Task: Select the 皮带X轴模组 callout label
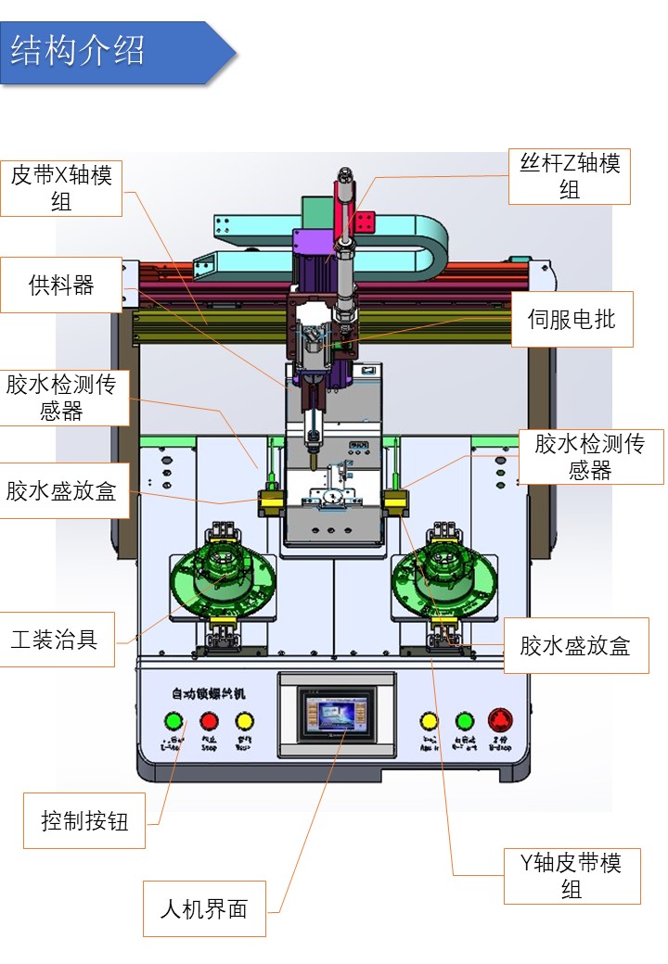point(61,188)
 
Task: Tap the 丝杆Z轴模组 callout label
point(570,176)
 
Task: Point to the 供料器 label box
point(61,285)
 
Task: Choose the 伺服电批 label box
point(572,320)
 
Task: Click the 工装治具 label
point(56,639)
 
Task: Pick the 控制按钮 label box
point(84,820)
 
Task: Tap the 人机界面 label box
point(204,908)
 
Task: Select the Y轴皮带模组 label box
point(572,876)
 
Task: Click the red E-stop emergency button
point(500,720)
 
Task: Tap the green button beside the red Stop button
point(173,721)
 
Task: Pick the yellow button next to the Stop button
point(244,721)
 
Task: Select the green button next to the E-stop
point(465,720)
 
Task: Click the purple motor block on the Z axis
point(307,247)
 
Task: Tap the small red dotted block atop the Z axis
point(364,222)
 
